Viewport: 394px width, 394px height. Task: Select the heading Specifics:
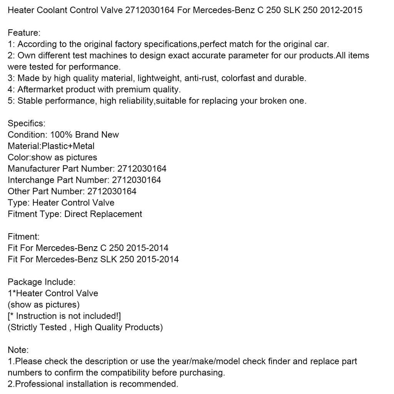pyautogui.click(x=27, y=124)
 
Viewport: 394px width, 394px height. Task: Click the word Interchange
pyautogui.click(x=31, y=180)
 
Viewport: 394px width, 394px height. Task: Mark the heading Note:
pyautogui.click(x=18, y=350)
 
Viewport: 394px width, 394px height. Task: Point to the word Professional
pyautogui.click(x=39, y=384)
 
